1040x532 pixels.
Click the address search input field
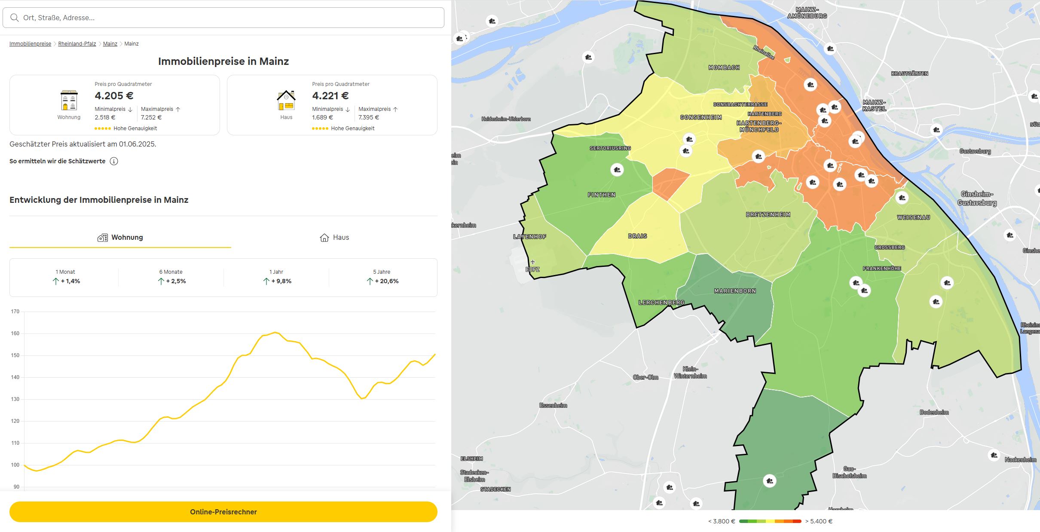tap(223, 18)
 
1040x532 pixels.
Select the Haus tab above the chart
tap(334, 237)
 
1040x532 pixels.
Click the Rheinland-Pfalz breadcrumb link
tap(77, 44)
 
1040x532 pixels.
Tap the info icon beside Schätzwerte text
tap(114, 161)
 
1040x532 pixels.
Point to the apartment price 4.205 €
tap(114, 95)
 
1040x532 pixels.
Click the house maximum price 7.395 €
tap(369, 117)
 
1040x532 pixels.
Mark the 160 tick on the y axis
tap(15, 333)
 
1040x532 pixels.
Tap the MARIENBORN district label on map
tap(735, 291)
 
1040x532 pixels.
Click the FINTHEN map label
tap(602, 195)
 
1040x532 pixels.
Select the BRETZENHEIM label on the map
tap(768, 214)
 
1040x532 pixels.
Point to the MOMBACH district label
tap(724, 67)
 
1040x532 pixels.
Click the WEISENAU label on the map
tap(913, 217)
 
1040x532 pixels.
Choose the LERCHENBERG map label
tap(661, 303)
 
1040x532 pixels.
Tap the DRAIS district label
tap(637, 236)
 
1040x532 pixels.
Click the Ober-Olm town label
tap(645, 377)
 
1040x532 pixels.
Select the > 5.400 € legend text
tap(819, 521)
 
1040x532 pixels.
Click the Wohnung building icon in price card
tap(69, 101)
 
